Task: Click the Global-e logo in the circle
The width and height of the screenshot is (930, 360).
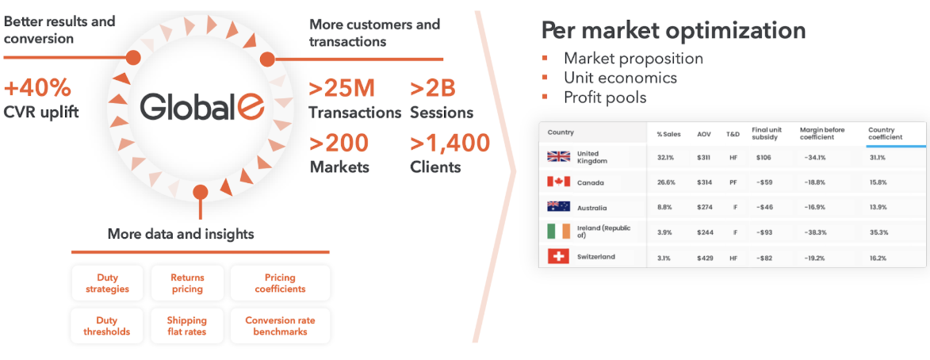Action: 202,107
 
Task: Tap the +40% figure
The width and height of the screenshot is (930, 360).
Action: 38,88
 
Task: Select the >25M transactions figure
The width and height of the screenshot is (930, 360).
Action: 343,88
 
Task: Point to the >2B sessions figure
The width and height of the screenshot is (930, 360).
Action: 433,88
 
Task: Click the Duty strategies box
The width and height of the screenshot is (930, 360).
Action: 107,284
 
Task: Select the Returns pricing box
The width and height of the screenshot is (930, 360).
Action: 187,284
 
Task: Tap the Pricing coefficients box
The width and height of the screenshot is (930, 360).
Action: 280,284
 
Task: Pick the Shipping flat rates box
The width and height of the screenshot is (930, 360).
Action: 187,326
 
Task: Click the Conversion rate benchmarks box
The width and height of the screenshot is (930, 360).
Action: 280,326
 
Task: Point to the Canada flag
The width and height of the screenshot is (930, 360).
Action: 558,182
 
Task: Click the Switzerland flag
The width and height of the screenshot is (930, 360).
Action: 558,257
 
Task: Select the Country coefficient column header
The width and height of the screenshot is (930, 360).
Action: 886,133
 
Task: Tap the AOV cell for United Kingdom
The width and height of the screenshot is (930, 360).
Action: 705,157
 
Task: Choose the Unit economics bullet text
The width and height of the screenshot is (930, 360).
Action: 620,78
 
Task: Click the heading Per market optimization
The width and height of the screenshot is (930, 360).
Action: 673,31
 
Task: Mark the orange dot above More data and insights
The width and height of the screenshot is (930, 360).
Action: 201,192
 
